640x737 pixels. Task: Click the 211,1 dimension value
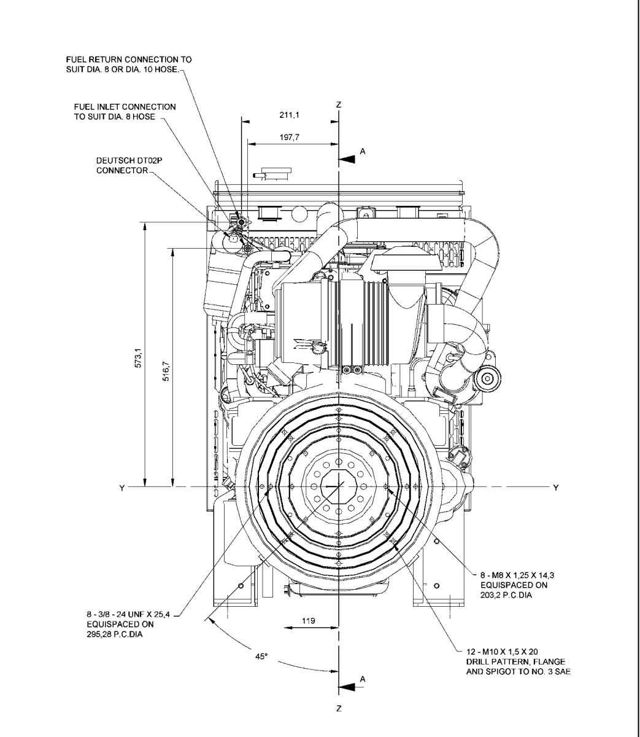click(x=301, y=114)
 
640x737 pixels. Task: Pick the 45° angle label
click(x=261, y=657)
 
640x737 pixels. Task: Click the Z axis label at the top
click(x=338, y=105)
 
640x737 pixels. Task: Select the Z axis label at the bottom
click(x=338, y=709)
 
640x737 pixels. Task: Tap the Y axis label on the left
click(x=122, y=487)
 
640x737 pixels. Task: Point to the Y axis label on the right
click(x=556, y=487)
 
